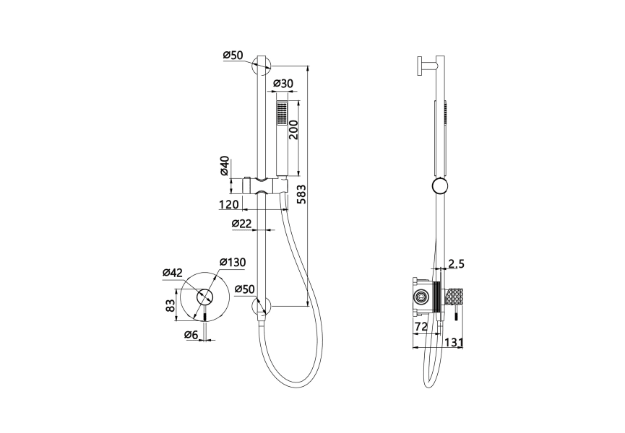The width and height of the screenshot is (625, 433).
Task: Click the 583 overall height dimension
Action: pyautogui.click(x=302, y=194)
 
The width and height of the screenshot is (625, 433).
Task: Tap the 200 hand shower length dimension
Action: pyautogui.click(x=293, y=129)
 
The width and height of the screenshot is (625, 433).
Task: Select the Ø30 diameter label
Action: pyautogui.click(x=283, y=84)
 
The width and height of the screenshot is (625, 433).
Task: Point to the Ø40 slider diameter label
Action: pyautogui.click(x=225, y=166)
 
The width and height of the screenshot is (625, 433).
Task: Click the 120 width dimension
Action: pyautogui.click(x=229, y=204)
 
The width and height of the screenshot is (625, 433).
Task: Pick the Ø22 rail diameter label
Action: pyautogui.click(x=242, y=224)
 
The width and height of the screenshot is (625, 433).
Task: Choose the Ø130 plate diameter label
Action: pyautogui.click(x=233, y=262)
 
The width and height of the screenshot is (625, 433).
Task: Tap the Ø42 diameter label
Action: pyautogui.click(x=173, y=273)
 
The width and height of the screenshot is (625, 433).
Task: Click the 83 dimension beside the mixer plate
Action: pyautogui.click(x=171, y=306)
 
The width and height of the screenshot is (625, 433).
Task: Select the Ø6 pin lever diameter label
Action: pyautogui.click(x=191, y=335)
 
